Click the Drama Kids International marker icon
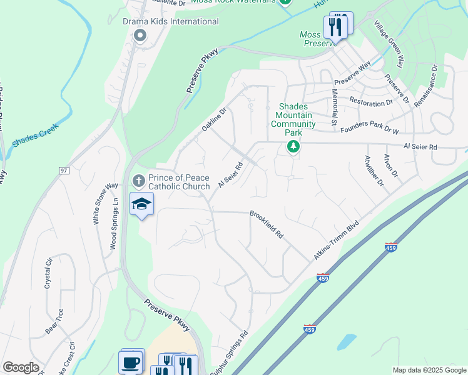click(x=139, y=35)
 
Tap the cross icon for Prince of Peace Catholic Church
click(x=139, y=181)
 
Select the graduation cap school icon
click(x=141, y=204)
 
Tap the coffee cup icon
click(x=131, y=362)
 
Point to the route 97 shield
click(x=64, y=170)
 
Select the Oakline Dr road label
click(x=213, y=119)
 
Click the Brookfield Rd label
click(x=267, y=224)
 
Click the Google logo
click(x=21, y=367)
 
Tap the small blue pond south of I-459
click(x=346, y=342)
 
